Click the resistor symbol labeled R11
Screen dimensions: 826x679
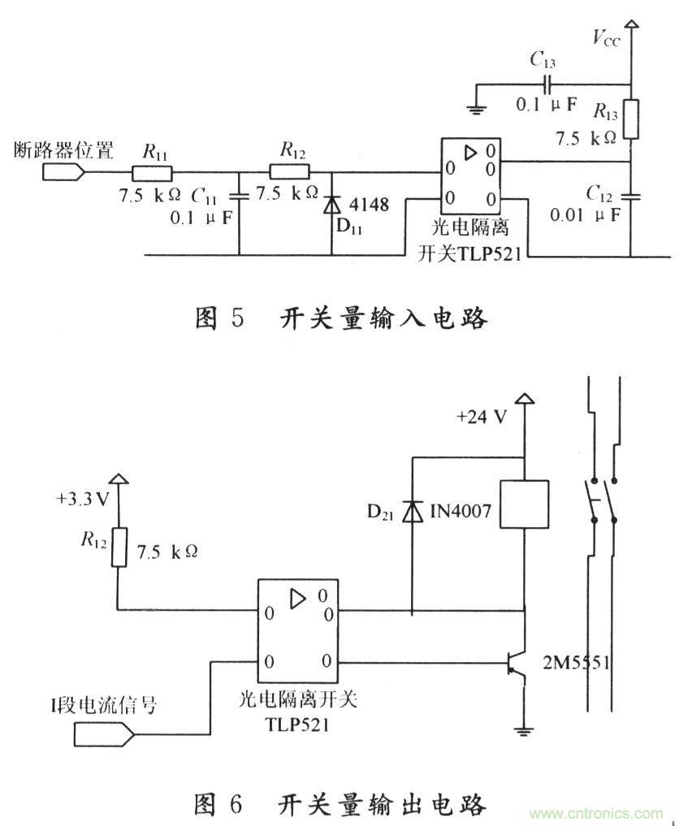coord(152,172)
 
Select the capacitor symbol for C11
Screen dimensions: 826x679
coord(240,196)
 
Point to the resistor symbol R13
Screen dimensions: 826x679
coord(631,120)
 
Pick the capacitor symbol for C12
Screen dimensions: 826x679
coord(631,196)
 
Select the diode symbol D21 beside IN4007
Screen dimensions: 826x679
coord(413,511)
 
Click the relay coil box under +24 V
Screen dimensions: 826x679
coord(525,505)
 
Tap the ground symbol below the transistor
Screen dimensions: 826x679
coord(525,728)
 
